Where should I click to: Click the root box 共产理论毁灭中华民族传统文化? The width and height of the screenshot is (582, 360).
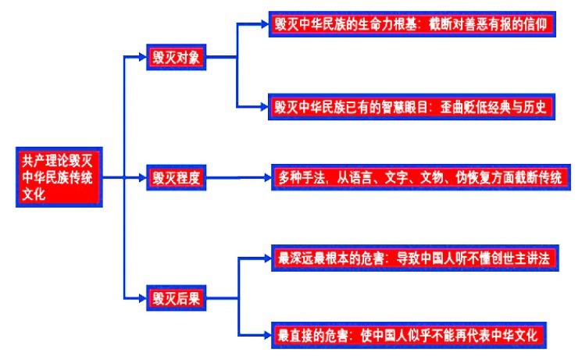pyautogui.click(x=59, y=177)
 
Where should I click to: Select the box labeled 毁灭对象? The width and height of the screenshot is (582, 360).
pyautogui.click(x=176, y=57)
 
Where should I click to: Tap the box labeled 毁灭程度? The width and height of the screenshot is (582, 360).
pyautogui.click(x=176, y=177)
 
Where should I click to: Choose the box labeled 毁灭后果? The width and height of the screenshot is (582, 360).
pyautogui.click(x=176, y=298)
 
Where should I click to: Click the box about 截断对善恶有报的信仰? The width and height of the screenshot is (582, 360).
pyautogui.click(x=412, y=24)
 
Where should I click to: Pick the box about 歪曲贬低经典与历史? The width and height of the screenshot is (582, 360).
pyautogui.click(x=412, y=107)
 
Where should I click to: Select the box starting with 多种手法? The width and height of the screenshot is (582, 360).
pyautogui.click(x=421, y=177)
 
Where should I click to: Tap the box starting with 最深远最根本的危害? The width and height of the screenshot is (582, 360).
pyautogui.click(x=415, y=258)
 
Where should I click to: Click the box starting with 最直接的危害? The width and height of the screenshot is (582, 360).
pyautogui.click(x=409, y=336)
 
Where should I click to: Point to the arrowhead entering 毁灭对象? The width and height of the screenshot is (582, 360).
pyautogui.click(x=142, y=57)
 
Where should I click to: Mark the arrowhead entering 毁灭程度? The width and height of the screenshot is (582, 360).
pyautogui.click(x=142, y=178)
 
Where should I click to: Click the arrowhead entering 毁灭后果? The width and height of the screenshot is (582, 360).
pyautogui.click(x=142, y=298)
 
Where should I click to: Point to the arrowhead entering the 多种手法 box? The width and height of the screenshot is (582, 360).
pyautogui.click(x=267, y=178)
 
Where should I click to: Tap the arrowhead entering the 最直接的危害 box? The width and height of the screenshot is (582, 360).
pyautogui.click(x=267, y=336)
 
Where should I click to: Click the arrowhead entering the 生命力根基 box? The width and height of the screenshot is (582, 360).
pyautogui.click(x=265, y=24)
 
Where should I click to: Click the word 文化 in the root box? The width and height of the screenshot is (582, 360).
pyautogui.click(x=34, y=194)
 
